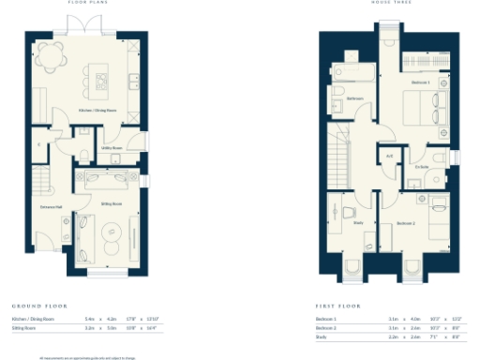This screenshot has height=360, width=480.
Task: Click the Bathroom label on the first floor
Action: [x=354, y=97]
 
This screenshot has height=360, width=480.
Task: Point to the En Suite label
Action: [x=422, y=167]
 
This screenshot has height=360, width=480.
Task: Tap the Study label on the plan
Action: [x=358, y=222]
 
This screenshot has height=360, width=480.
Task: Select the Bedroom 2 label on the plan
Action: [x=405, y=223]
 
